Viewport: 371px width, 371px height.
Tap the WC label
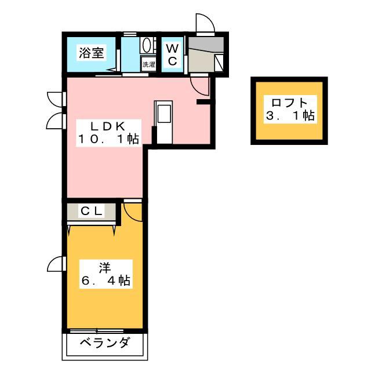click(173, 54)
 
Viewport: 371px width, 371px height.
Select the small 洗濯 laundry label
click(148, 64)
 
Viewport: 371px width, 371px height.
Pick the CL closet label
click(92, 212)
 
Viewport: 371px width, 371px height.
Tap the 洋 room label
click(104, 268)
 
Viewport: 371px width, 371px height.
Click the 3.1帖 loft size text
click(289, 116)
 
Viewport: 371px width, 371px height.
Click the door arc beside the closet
click(133, 210)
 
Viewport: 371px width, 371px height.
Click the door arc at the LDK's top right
click(200, 87)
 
